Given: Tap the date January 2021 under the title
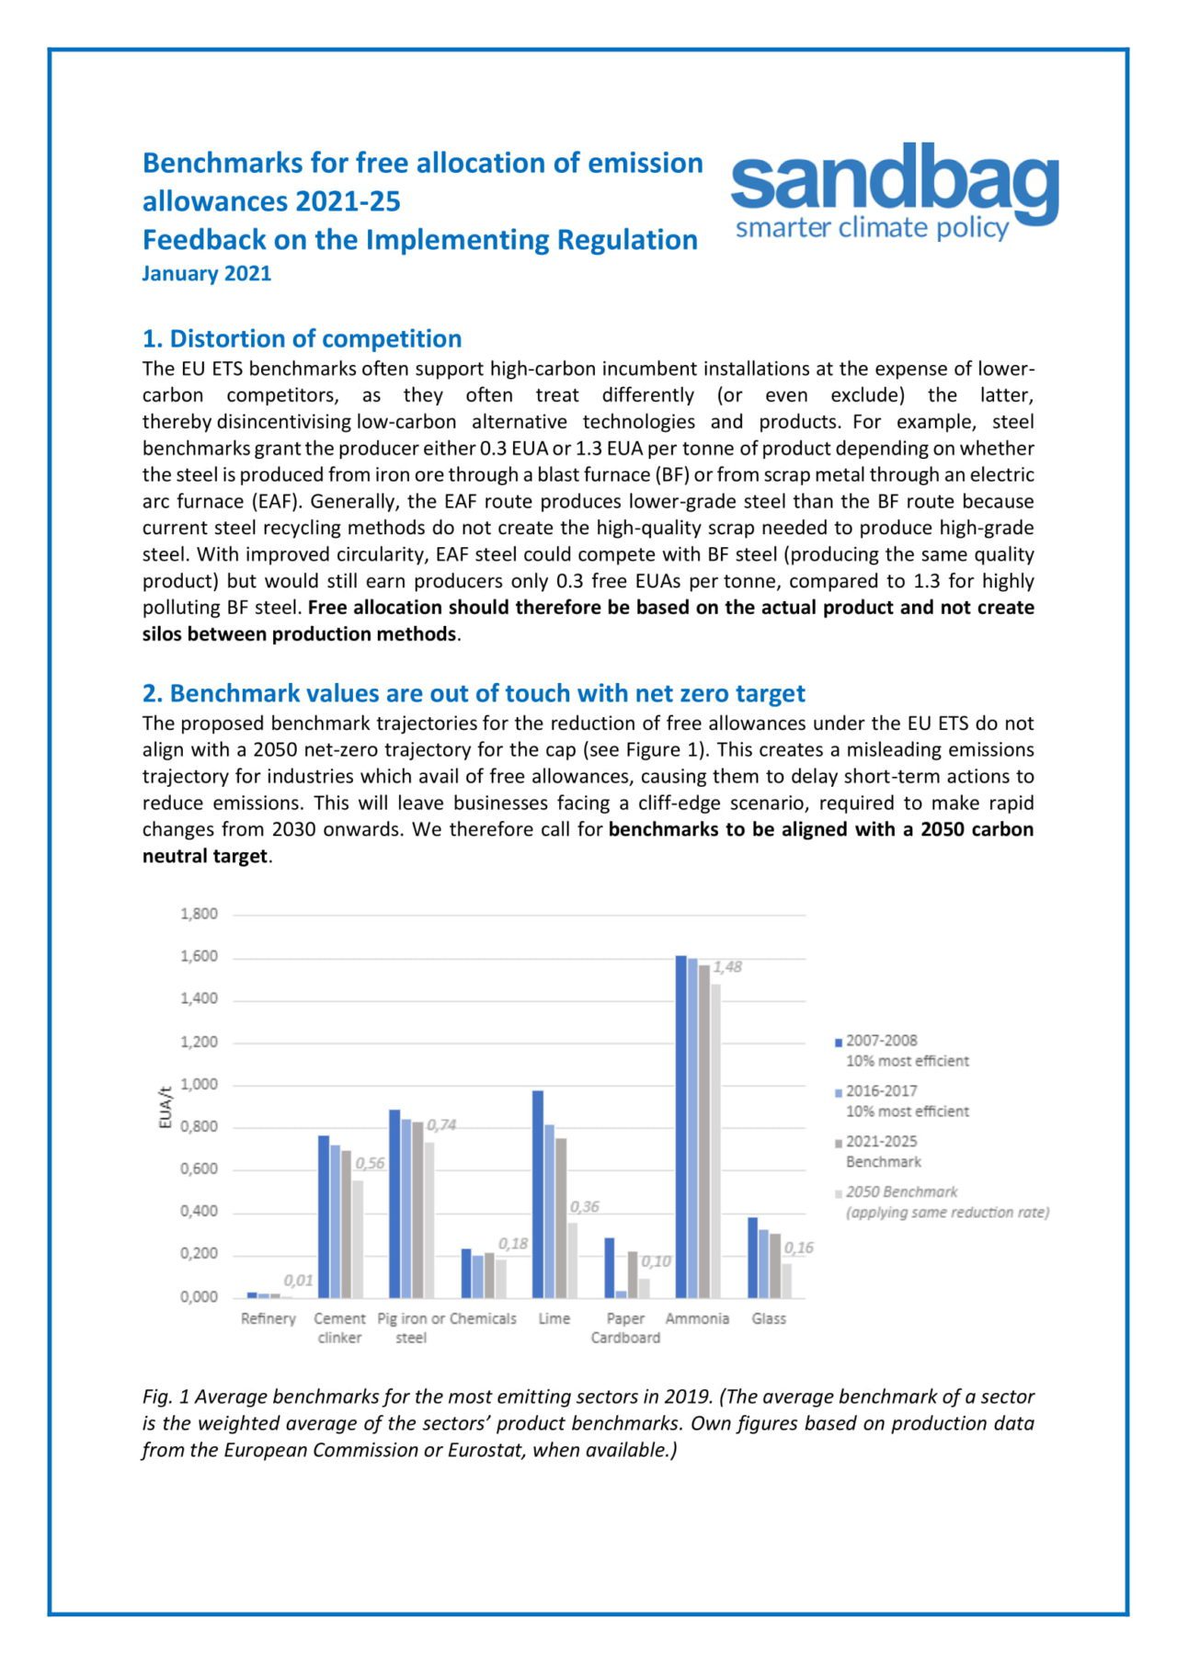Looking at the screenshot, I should pos(207,274).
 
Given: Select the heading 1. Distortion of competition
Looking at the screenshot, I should pos(302,338).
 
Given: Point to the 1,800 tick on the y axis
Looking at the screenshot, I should pos(200,914).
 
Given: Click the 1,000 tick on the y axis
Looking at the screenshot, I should pos(200,1084).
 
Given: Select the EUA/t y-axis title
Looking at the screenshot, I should pos(166,1108).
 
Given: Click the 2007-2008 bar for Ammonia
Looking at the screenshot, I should pos(681,1126).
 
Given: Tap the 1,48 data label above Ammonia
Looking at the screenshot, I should pos(727,967).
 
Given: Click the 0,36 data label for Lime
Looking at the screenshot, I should pos(584,1207).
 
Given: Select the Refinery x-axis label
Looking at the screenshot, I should pos(269,1318).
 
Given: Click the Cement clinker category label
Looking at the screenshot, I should pos(339,1328).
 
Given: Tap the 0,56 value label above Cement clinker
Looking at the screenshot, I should pos(370,1164).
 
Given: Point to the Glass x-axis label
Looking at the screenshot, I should pos(769,1318).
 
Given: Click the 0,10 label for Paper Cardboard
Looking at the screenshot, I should pos(656,1261).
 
